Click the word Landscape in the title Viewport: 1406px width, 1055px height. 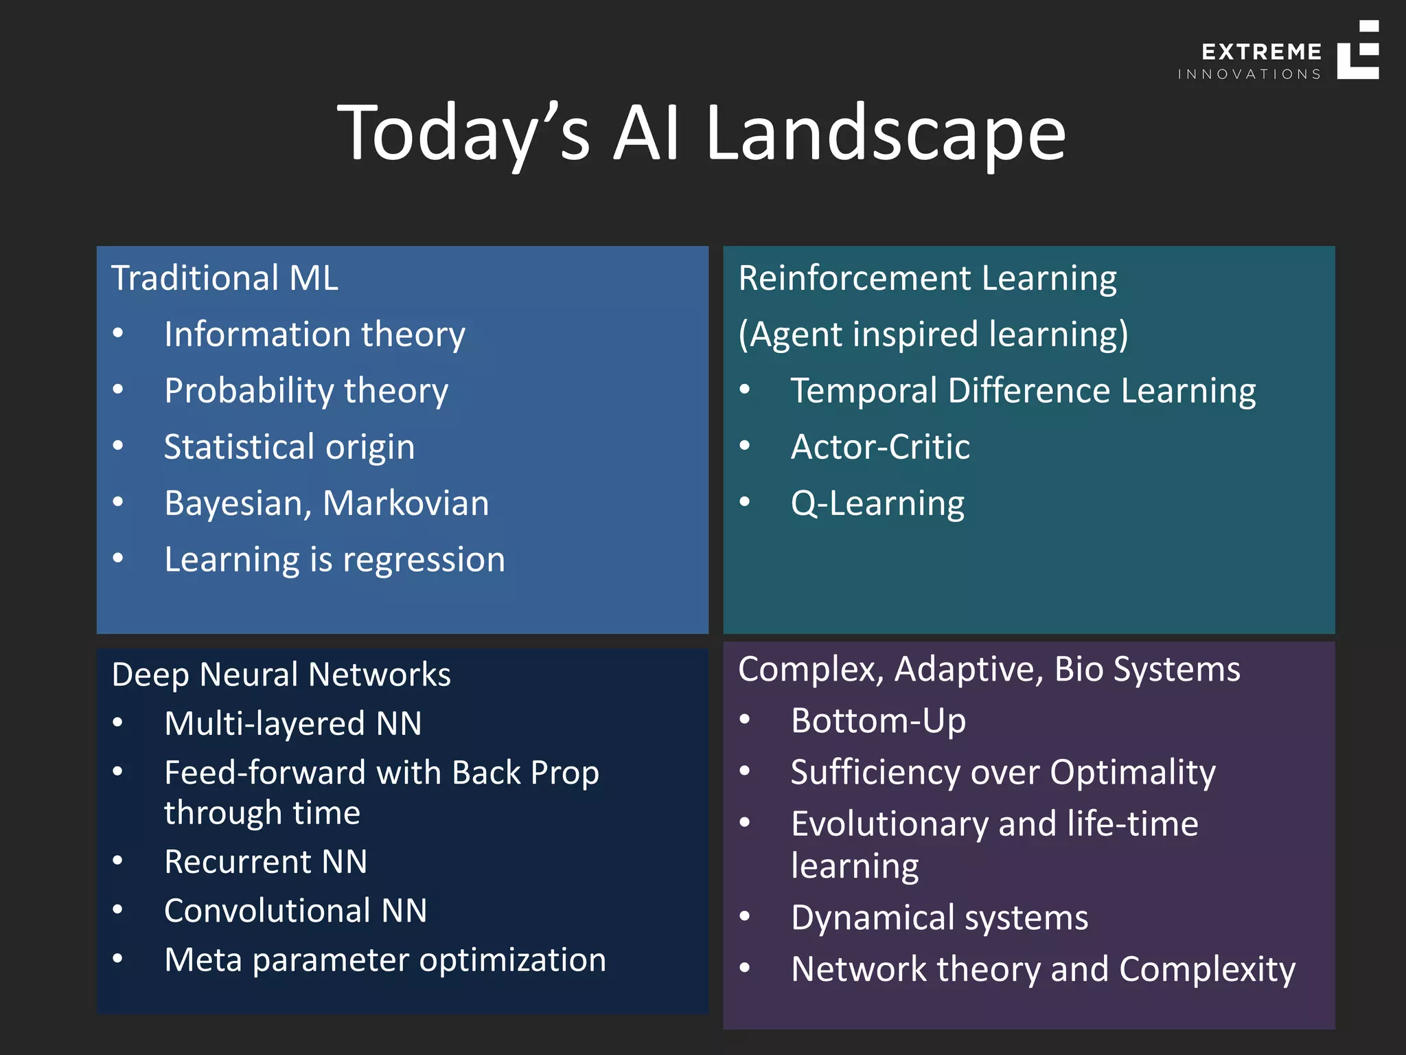click(x=886, y=134)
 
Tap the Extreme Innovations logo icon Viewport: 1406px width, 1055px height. click(x=1357, y=51)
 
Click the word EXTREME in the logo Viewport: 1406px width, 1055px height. click(x=1261, y=52)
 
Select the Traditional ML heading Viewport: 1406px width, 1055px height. click(x=224, y=278)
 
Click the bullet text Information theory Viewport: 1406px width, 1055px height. click(x=314, y=334)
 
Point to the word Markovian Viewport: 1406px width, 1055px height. click(x=406, y=503)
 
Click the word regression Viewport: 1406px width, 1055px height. click(x=424, y=560)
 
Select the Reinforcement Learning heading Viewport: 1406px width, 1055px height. click(x=927, y=278)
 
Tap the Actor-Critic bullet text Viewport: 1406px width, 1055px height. click(x=880, y=447)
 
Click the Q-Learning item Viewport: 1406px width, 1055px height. click(x=877, y=503)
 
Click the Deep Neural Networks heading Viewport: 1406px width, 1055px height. click(x=281, y=674)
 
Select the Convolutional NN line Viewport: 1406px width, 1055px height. click(x=295, y=911)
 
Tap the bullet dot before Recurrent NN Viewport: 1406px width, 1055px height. click(x=118, y=861)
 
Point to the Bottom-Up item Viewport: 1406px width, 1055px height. click(x=878, y=721)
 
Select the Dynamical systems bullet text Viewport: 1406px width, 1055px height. click(x=939, y=918)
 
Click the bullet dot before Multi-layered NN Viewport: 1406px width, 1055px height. click(x=118, y=723)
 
